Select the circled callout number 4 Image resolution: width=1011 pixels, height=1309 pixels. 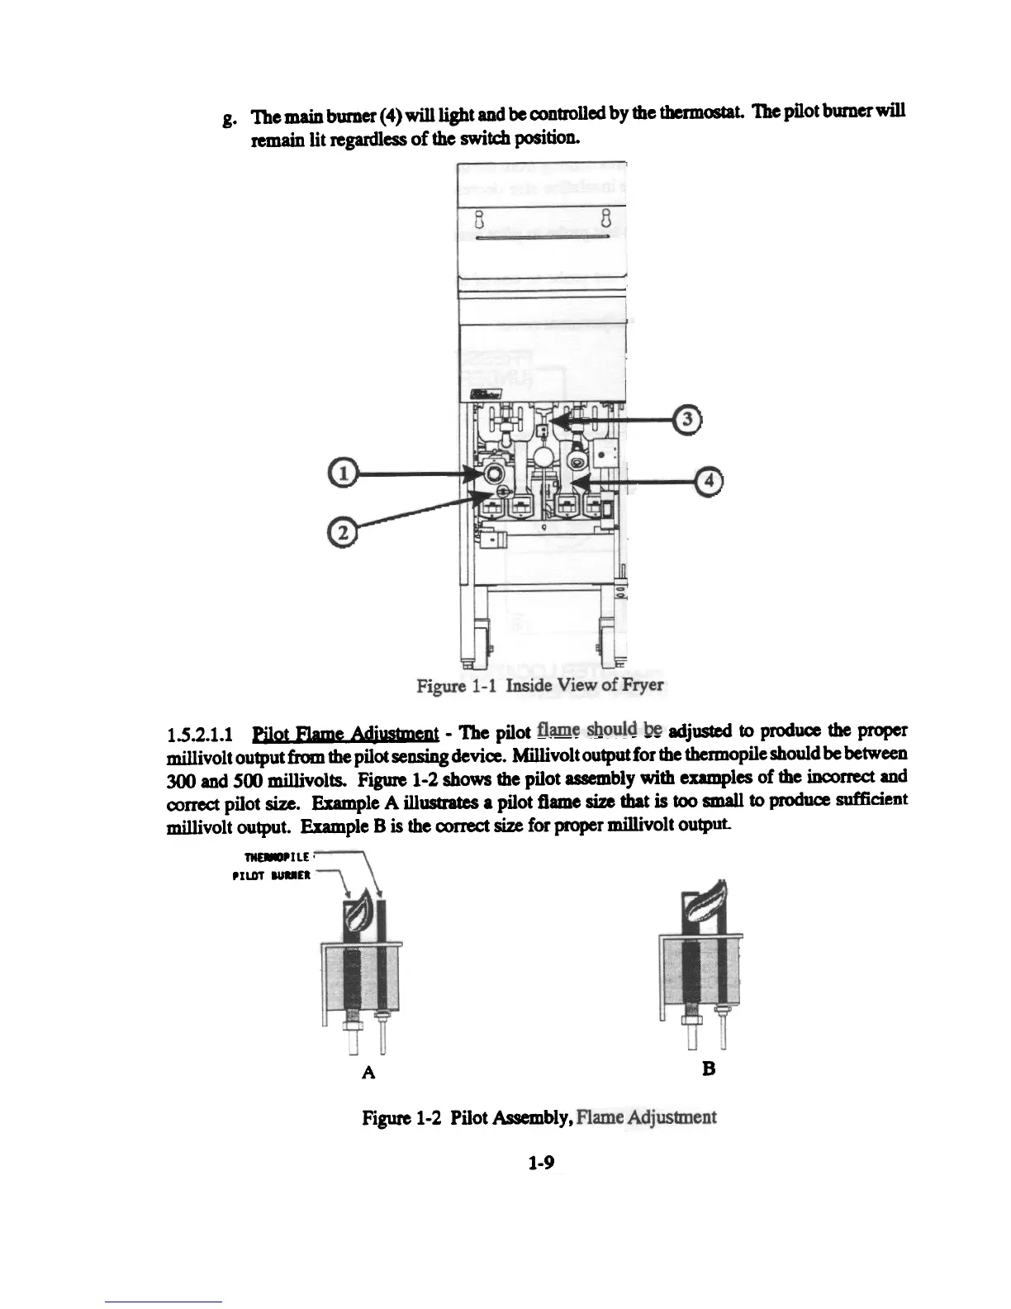709,480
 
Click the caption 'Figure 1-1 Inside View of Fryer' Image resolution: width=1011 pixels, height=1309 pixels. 540,685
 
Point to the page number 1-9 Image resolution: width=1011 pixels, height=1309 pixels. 542,1163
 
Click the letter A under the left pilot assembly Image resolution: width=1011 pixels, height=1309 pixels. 369,1072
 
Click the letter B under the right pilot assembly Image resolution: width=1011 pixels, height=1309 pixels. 708,1069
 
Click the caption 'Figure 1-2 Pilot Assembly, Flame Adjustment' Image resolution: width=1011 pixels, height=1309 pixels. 539,1118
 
